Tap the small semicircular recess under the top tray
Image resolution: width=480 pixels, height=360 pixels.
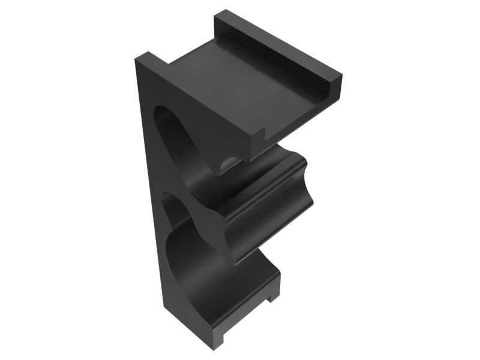click(228, 163)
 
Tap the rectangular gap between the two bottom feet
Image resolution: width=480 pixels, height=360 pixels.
click(246, 318)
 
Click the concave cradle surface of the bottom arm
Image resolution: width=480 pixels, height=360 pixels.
click(222, 282)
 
